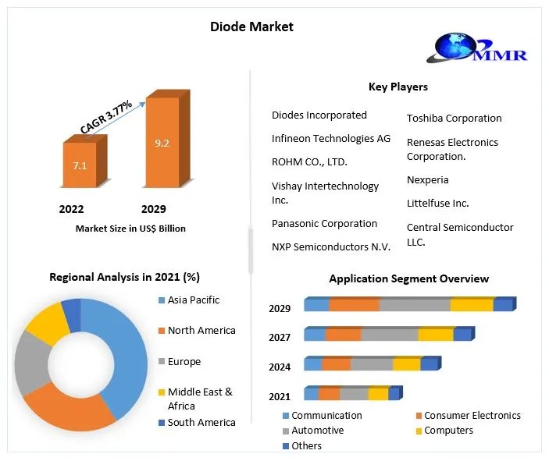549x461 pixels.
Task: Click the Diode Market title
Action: (x=251, y=27)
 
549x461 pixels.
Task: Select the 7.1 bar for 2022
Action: (x=80, y=166)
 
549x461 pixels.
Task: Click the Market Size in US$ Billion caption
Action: (x=130, y=229)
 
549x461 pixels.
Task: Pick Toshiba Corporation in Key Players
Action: (x=454, y=119)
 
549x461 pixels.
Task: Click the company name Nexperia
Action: (x=427, y=179)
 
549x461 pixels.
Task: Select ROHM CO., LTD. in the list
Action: (x=309, y=162)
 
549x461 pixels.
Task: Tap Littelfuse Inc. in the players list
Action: (x=437, y=203)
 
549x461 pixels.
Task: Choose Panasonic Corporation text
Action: (x=324, y=223)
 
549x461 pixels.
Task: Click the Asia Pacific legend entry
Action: (x=194, y=300)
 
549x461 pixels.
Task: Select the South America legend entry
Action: (x=201, y=422)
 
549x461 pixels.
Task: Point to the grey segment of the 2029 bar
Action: (x=415, y=305)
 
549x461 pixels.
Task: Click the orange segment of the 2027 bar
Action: (x=343, y=335)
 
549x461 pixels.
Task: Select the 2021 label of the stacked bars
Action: (x=280, y=396)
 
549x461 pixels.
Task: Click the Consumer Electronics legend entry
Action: (x=472, y=416)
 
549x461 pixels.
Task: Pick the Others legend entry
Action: (x=306, y=445)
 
